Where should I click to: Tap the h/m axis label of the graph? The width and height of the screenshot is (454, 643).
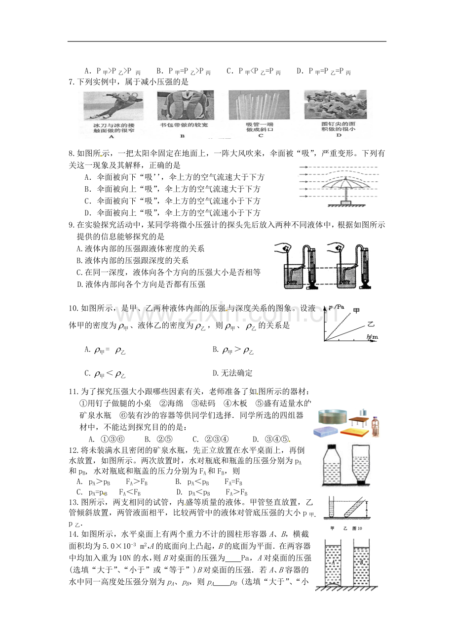tap(372, 337)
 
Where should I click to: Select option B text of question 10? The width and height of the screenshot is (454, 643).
tap(233, 350)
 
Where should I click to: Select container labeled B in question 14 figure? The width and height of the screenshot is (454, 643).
tap(363, 563)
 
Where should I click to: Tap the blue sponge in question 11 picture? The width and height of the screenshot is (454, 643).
tap(327, 431)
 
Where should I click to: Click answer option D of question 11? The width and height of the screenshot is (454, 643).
tap(270, 439)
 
